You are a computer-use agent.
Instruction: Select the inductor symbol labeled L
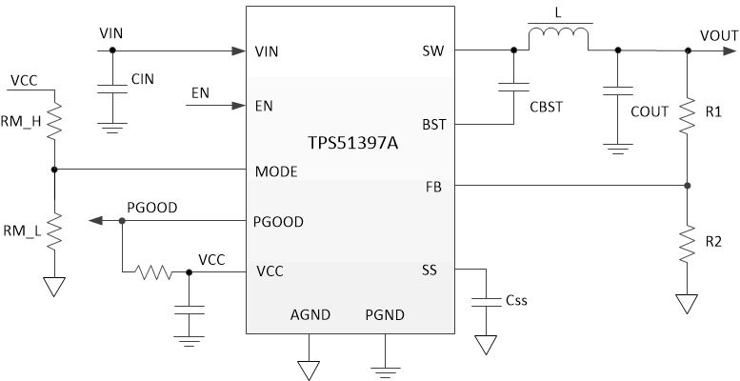[x=558, y=36]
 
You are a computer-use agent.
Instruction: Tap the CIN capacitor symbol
[x=114, y=89]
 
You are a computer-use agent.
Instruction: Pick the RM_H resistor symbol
[x=54, y=120]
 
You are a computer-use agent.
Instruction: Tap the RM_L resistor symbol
[x=54, y=229]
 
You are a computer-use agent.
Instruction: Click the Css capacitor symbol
[x=486, y=301]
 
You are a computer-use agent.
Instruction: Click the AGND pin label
[x=308, y=315]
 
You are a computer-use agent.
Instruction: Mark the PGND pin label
[x=385, y=315]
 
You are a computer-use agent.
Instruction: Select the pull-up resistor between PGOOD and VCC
[x=151, y=272]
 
